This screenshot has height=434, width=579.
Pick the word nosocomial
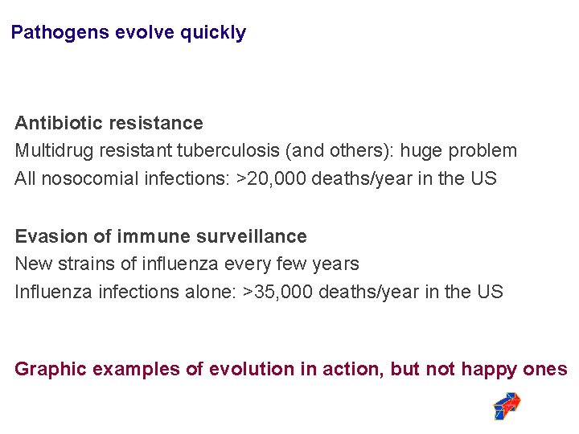(x=89, y=178)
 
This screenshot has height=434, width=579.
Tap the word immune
(x=148, y=236)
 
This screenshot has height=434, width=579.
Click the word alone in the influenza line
(x=213, y=292)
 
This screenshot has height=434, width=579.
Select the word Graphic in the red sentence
(x=51, y=369)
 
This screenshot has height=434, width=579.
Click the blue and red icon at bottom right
(x=507, y=406)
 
